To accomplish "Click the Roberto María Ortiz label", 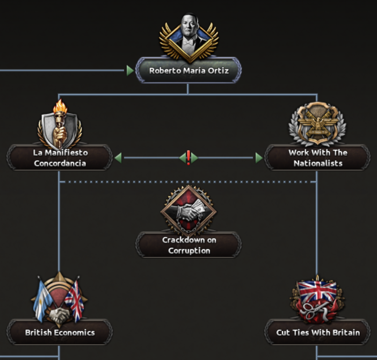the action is click(x=189, y=70).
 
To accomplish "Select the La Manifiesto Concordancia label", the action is click(x=60, y=158).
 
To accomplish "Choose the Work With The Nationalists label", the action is click(x=317, y=158).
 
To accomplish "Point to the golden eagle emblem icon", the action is click(x=317, y=124).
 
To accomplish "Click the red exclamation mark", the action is click(x=189, y=157).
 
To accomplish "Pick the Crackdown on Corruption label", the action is click(x=189, y=245).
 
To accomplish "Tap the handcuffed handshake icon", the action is click(x=189, y=211).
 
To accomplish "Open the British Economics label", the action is click(x=60, y=333).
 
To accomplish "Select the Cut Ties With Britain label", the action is click(x=318, y=333).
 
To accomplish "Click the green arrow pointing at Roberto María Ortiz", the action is click(x=130, y=70).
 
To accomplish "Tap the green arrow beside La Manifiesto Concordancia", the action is click(x=118, y=158).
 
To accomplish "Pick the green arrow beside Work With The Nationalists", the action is click(x=259, y=158).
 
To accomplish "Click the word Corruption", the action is click(x=189, y=250).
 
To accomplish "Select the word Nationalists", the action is click(x=318, y=163).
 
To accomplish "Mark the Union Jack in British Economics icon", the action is click(x=75, y=300).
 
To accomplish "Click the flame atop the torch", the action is click(x=60, y=106).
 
